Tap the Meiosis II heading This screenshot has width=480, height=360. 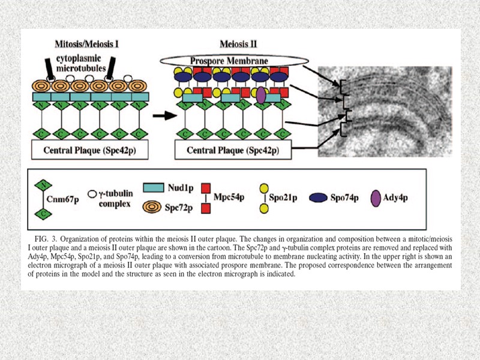(x=238, y=44)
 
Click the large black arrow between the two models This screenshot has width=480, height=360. (x=158, y=116)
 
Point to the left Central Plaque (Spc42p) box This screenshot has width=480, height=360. (x=91, y=149)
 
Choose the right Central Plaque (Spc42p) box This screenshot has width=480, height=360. (x=232, y=149)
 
